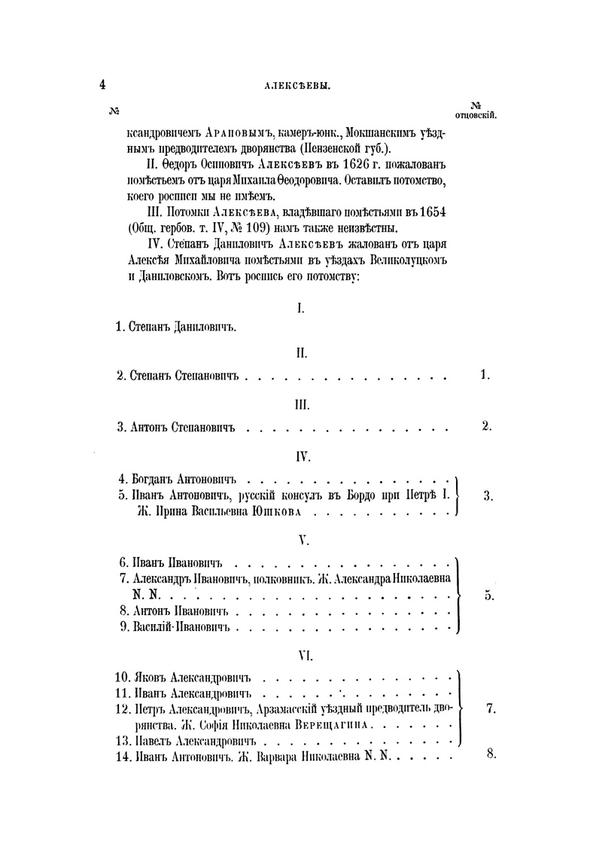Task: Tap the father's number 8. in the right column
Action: point(491,756)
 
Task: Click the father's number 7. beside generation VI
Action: point(490,708)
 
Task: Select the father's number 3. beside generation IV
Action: point(488,495)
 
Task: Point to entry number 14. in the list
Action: point(123,758)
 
